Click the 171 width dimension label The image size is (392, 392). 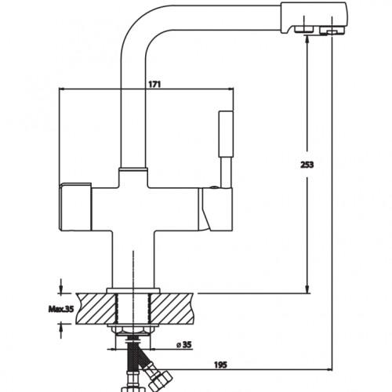click(154, 85)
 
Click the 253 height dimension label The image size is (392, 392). click(307, 165)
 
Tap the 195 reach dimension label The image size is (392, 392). click(221, 365)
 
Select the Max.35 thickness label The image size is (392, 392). click(61, 309)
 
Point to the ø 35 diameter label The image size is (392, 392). click(184, 345)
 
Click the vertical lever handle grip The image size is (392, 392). click(226, 134)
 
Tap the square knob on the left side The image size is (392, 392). click(75, 207)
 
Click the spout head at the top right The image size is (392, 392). click(314, 18)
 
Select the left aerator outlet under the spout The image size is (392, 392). click(304, 29)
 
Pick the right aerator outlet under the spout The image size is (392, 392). click(331, 31)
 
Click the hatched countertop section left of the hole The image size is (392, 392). click(96, 309)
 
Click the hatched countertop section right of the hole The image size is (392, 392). click(172, 309)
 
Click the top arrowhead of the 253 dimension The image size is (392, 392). click(307, 38)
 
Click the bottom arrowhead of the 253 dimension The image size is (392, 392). click(307, 289)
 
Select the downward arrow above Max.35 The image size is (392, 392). click(61, 286)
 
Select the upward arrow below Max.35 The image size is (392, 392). click(61, 331)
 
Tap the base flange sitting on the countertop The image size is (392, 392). click(133, 291)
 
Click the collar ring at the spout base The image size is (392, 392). click(133, 169)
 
